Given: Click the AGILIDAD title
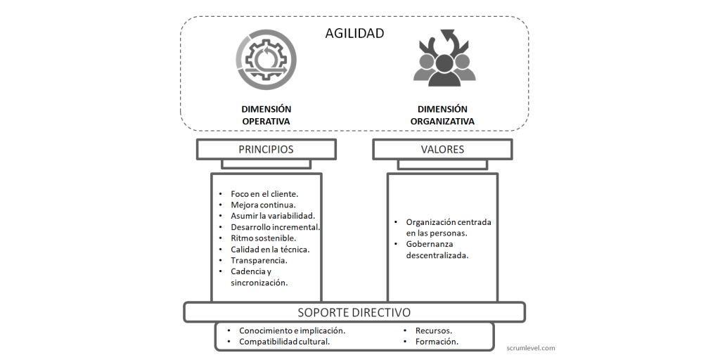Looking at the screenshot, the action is pyautogui.click(x=354, y=34).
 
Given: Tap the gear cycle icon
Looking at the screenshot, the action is pyautogui.click(x=266, y=60).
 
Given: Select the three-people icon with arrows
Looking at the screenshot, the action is pyautogui.click(x=444, y=58).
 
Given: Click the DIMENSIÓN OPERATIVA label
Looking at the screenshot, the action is pyautogui.click(x=266, y=115).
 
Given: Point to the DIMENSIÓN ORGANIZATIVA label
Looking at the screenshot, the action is pyautogui.click(x=442, y=115).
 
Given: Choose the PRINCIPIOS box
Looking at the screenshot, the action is pyautogui.click(x=266, y=150).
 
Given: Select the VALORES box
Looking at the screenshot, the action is pyautogui.click(x=442, y=150).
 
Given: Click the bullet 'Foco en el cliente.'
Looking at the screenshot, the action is pyautogui.click(x=264, y=194).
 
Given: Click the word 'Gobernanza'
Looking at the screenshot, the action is pyautogui.click(x=430, y=244).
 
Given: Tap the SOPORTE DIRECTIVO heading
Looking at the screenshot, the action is pyautogui.click(x=354, y=313).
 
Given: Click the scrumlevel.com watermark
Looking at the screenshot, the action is pyautogui.click(x=530, y=348).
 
